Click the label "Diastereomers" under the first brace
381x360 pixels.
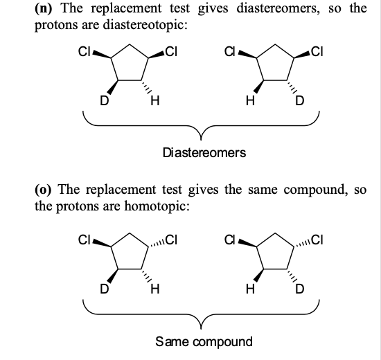click(x=203, y=152)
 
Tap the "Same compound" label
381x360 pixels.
click(x=202, y=341)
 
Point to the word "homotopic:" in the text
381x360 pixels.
click(x=154, y=205)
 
